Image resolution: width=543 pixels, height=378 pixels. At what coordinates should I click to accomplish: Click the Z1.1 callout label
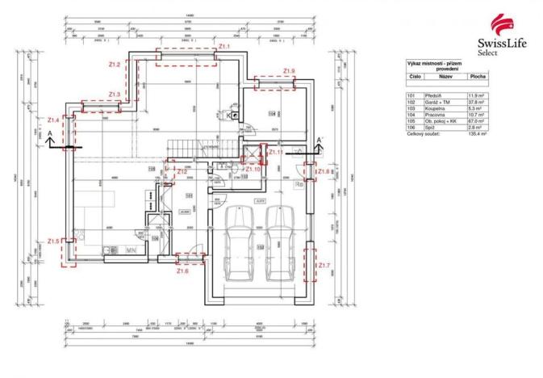pos(224,47)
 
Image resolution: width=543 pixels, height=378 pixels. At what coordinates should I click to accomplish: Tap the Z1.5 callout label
pos(53,240)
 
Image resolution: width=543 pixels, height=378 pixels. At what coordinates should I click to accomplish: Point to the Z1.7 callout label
pos(323,266)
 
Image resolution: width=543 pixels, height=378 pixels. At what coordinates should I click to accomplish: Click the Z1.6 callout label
pos(182,271)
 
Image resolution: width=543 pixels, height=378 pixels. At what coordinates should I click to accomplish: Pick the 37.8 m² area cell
pos(478,102)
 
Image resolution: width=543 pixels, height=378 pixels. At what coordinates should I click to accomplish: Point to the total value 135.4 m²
pos(477,134)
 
